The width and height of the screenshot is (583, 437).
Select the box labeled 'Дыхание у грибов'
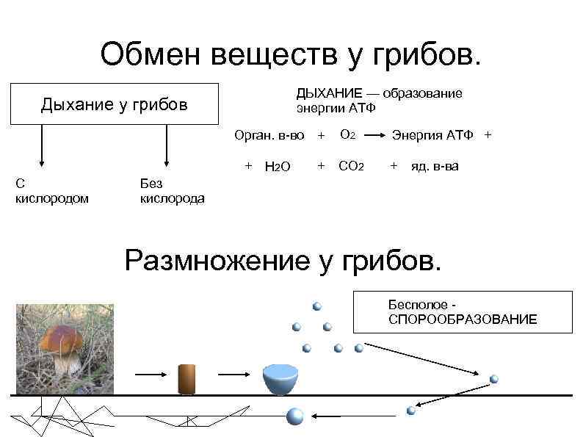(x=115, y=104)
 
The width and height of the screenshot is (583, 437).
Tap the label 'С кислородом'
(x=52, y=190)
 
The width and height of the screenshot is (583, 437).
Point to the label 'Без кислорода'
(x=172, y=190)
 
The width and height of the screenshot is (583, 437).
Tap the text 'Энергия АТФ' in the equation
(x=433, y=135)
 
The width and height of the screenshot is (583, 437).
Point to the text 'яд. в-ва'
(x=435, y=166)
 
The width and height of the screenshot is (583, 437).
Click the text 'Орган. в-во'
(x=269, y=135)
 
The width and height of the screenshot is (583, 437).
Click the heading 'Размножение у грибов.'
(x=284, y=259)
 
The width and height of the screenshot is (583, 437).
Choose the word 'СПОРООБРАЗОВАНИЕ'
(x=463, y=319)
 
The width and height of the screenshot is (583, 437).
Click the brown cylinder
(x=187, y=379)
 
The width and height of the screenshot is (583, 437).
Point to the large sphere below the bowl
(x=294, y=416)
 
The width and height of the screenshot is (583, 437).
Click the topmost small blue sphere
(x=317, y=306)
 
